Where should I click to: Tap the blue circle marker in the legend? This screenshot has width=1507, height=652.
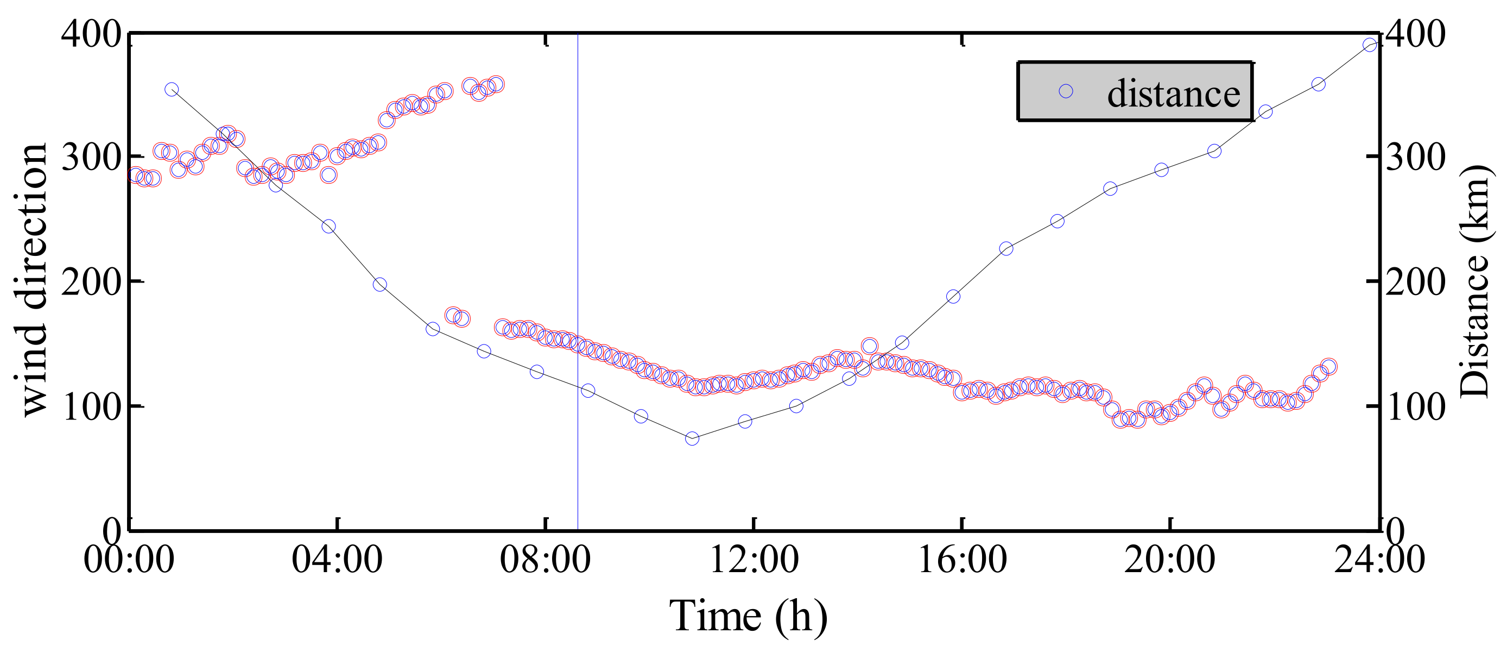pyautogui.click(x=1066, y=91)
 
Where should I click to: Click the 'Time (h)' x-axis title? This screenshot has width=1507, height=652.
pyautogui.click(x=748, y=616)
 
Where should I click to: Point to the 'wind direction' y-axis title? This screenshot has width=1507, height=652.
pyautogui.click(x=30, y=279)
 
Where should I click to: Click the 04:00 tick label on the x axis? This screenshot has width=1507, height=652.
pyautogui.click(x=337, y=560)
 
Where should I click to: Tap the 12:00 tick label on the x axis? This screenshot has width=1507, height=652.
pyautogui.click(x=753, y=560)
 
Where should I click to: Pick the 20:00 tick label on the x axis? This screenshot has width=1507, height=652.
pyautogui.click(x=1169, y=560)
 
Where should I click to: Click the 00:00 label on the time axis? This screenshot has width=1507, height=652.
pyautogui.click(x=129, y=560)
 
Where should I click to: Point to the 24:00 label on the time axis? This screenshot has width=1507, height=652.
pyautogui.click(x=1378, y=560)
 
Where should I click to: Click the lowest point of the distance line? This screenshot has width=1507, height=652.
pyautogui.click(x=692, y=438)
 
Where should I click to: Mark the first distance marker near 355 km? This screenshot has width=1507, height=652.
pyautogui.click(x=172, y=90)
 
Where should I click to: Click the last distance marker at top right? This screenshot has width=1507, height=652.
pyautogui.click(x=1370, y=45)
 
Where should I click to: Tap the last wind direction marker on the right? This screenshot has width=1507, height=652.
pyautogui.click(x=1328, y=367)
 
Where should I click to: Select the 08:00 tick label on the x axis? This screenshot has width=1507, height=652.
pyautogui.click(x=545, y=560)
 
